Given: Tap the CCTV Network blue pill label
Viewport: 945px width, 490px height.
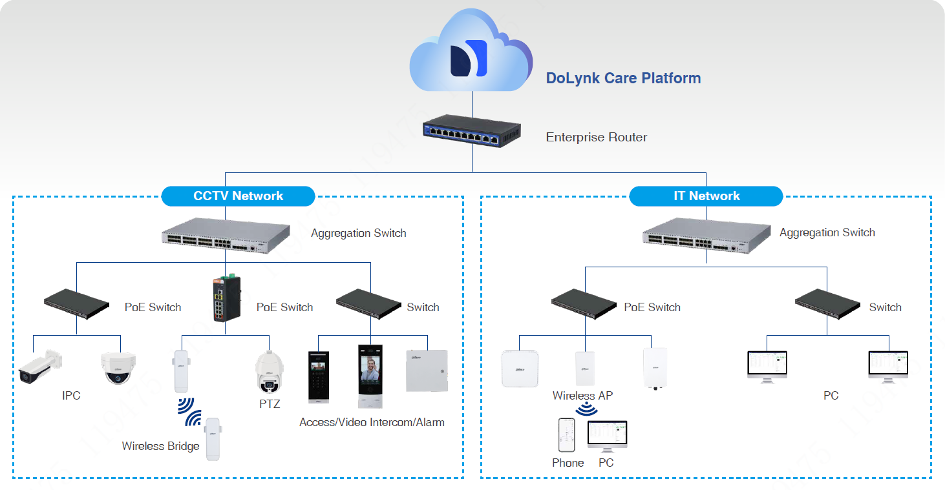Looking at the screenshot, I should [238, 196].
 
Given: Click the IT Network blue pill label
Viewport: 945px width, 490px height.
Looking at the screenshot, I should [706, 196].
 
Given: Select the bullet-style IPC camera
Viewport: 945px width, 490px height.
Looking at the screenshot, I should [39, 366].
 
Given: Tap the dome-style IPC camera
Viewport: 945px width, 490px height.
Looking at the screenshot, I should [118, 369].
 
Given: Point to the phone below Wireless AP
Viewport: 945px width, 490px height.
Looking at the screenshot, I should [567, 435].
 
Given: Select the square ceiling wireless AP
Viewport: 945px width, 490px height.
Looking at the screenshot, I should [520, 369].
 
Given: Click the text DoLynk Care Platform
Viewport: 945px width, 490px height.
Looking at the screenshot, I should [623, 78].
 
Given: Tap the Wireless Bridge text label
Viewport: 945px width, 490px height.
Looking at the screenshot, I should [160, 446].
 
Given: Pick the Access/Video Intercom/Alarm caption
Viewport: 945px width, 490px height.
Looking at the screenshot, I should [372, 422].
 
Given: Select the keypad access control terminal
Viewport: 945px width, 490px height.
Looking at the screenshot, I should [319, 377].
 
